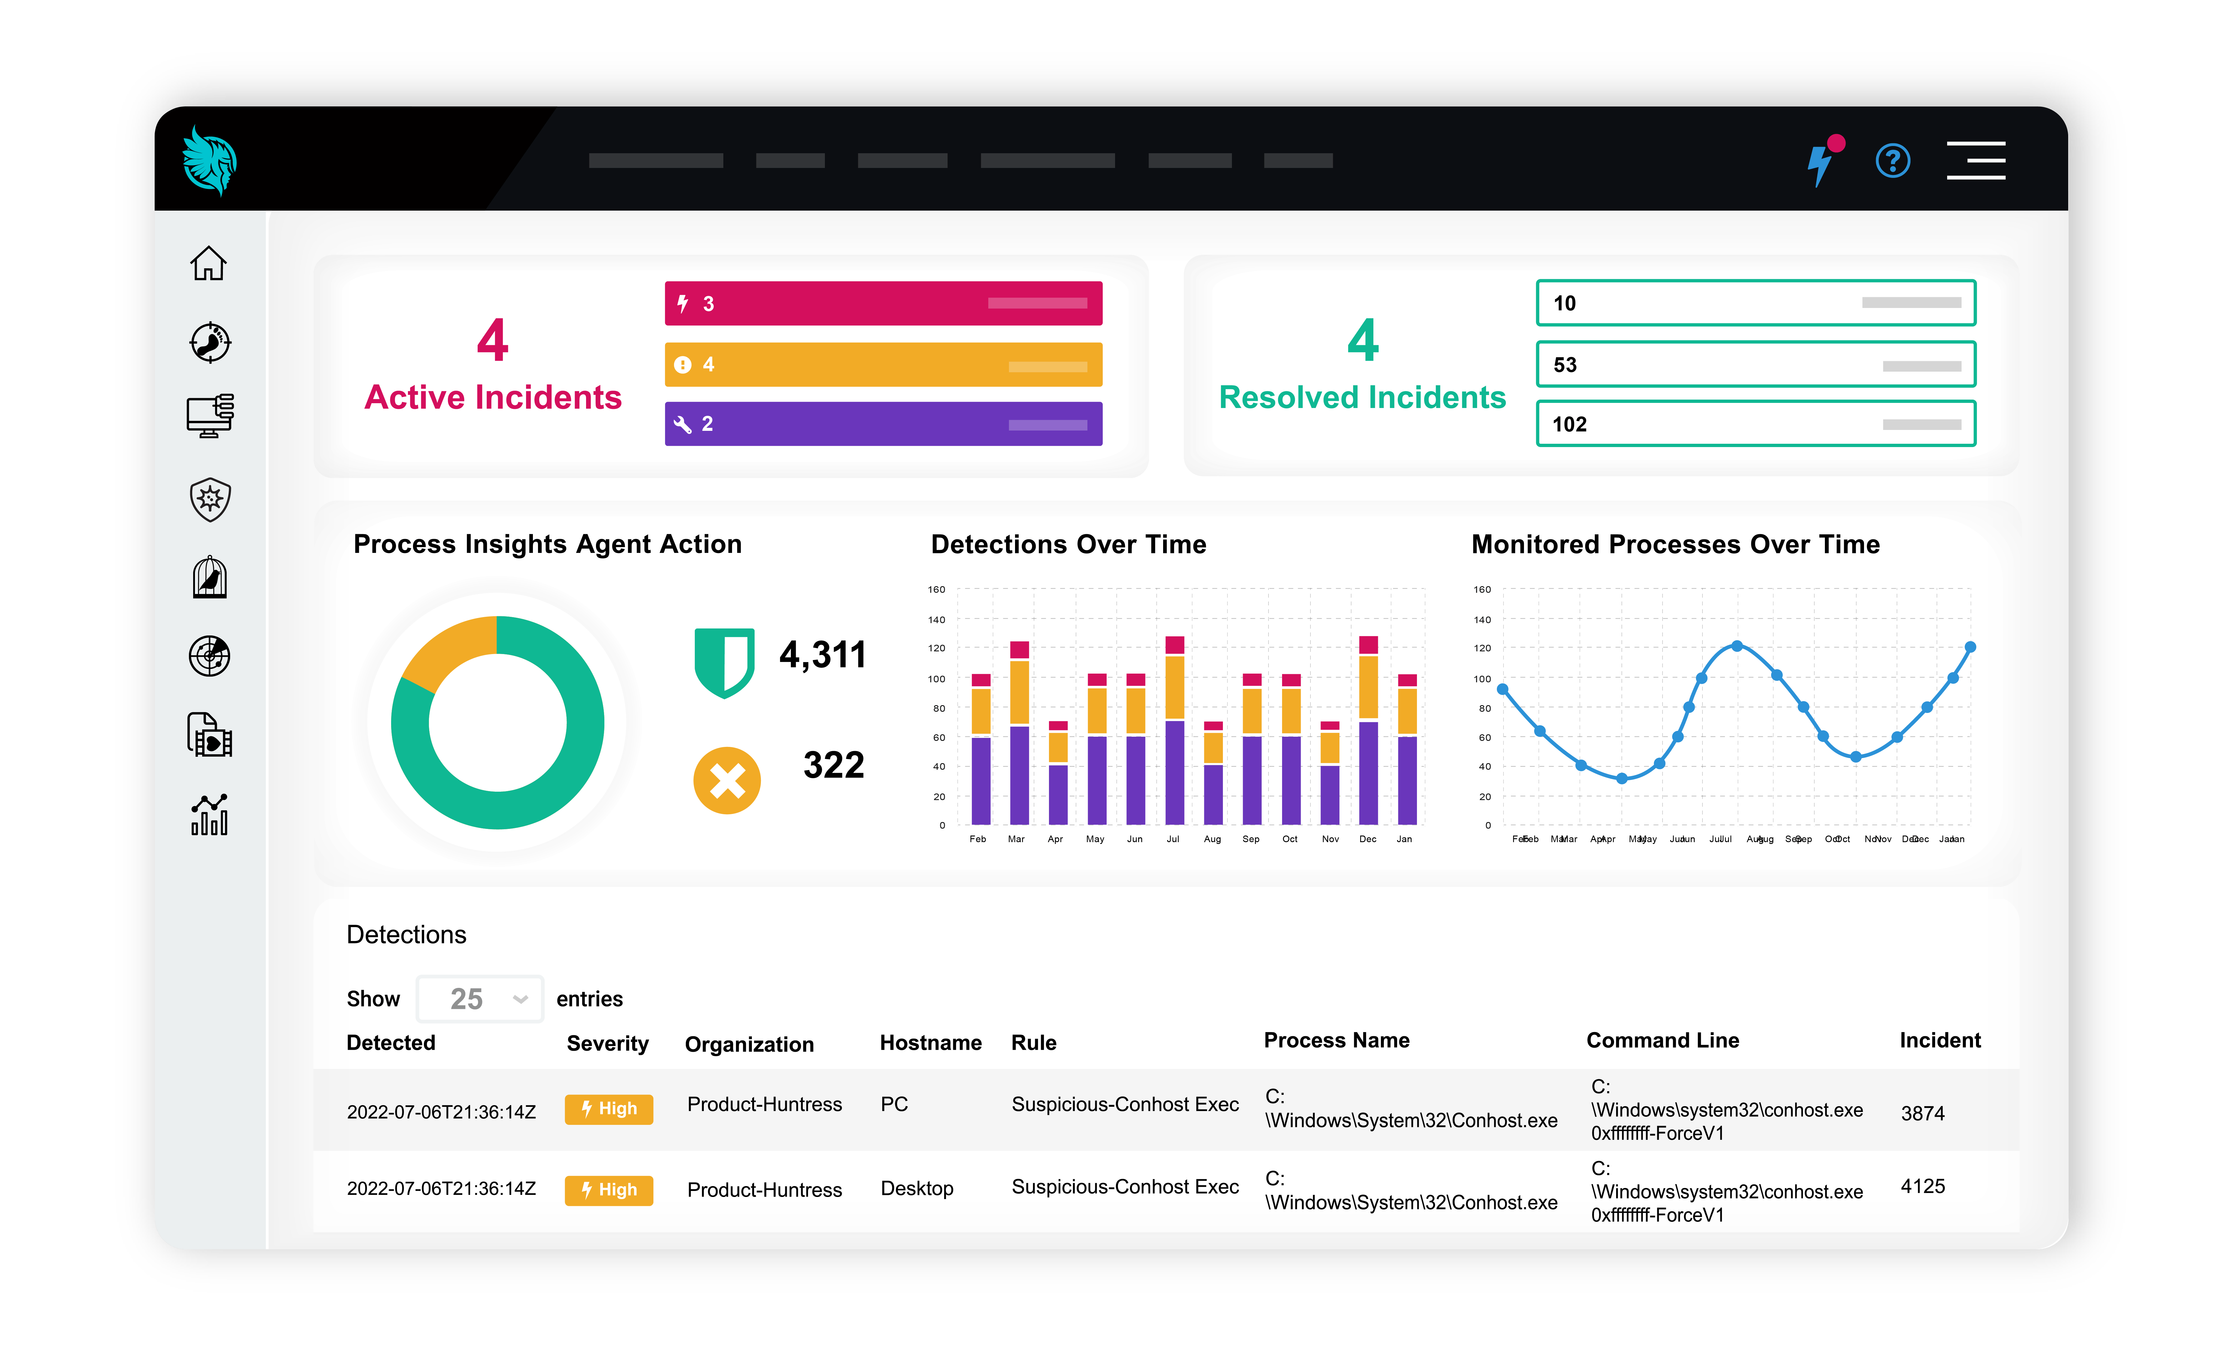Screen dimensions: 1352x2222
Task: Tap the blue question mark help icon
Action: (1892, 161)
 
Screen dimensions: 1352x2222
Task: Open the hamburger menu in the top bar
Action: (1975, 160)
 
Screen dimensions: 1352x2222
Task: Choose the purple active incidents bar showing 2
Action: (883, 424)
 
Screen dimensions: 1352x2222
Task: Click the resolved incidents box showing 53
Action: (1755, 364)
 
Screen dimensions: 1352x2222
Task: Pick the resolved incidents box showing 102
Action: (1755, 424)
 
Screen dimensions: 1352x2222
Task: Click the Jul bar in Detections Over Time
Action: (1174, 731)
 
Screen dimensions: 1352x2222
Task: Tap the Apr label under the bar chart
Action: (1055, 839)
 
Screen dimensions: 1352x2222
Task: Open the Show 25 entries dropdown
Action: (480, 998)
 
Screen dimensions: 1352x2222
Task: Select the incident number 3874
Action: (1923, 1113)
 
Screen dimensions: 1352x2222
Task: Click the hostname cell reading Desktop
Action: (916, 1189)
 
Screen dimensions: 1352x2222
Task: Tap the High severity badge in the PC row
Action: (609, 1108)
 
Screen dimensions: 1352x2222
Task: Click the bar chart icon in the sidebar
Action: (209, 815)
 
